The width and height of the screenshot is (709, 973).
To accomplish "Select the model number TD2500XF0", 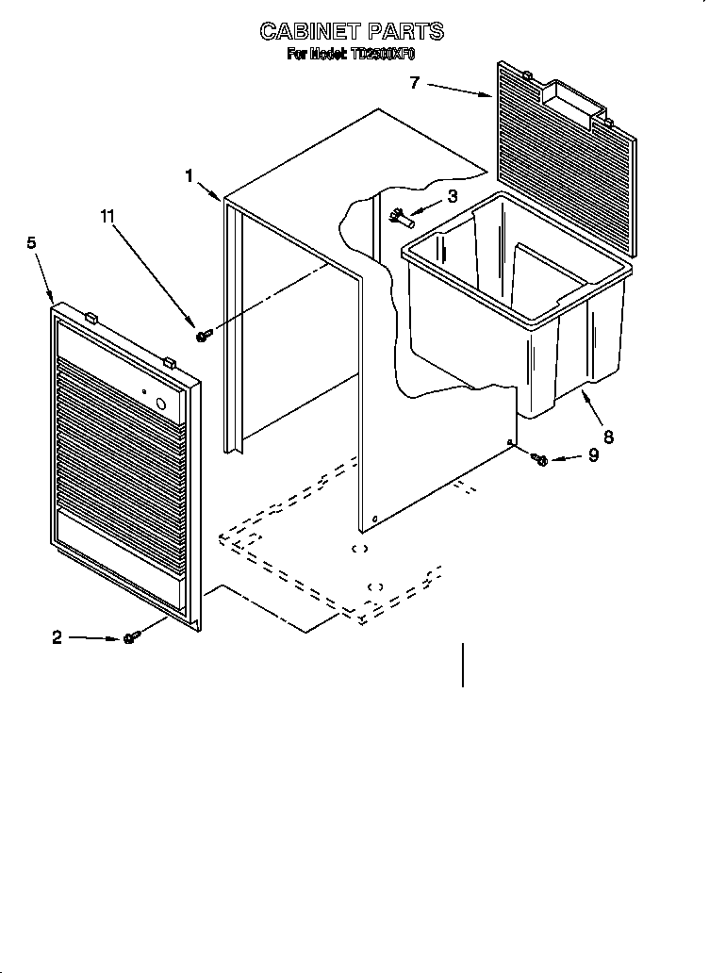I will click(x=383, y=55).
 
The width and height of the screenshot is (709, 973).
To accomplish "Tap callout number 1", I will click(x=190, y=175).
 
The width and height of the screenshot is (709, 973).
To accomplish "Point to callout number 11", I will click(x=107, y=216).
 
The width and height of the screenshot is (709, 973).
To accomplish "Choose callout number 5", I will click(x=32, y=243).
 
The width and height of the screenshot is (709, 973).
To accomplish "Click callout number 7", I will click(x=414, y=82).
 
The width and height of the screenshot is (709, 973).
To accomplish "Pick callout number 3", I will click(x=453, y=196).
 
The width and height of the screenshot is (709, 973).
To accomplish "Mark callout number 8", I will click(x=608, y=437).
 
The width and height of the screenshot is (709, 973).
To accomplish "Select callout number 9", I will click(x=593, y=455).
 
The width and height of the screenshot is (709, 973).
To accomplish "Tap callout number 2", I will click(x=57, y=637).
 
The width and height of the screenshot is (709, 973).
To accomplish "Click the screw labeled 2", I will click(x=131, y=638).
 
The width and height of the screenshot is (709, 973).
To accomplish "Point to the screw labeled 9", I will click(x=540, y=459).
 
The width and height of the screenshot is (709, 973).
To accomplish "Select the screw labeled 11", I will click(x=204, y=335).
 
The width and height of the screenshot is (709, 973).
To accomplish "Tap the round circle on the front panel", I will click(x=160, y=406).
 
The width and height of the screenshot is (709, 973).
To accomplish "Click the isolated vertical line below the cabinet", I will click(x=463, y=664).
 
